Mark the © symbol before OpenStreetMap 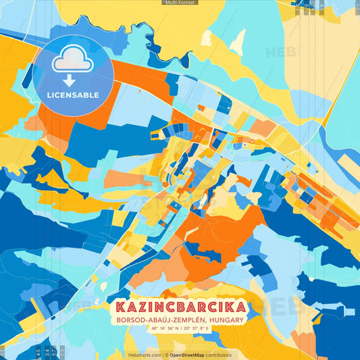point(166,355)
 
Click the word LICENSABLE point(72,95)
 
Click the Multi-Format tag point(180,3)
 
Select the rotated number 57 point(54,353)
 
